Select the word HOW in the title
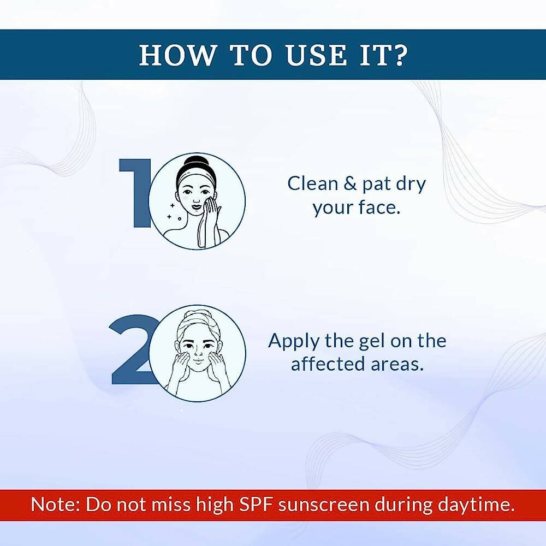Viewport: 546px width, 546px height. tap(174, 55)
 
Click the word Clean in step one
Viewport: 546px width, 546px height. tap(312, 184)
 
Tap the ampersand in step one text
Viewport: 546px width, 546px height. tap(349, 184)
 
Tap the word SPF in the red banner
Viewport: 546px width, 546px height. tap(256, 504)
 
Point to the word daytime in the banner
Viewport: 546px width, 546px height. tap(476, 504)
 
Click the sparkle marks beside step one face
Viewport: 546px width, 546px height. tap(174, 212)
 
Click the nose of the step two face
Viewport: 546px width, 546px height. tap(197, 354)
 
